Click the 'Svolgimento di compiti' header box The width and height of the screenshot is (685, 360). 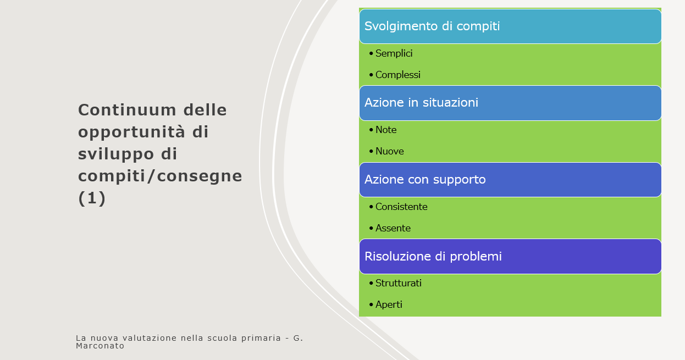pyautogui.click(x=510, y=26)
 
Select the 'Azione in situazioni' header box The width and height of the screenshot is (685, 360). pyautogui.click(x=510, y=103)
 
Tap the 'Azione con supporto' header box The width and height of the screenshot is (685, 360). pyautogui.click(x=510, y=180)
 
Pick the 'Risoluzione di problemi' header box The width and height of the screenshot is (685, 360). pyautogui.click(x=510, y=257)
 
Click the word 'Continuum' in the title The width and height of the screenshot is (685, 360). pyautogui.click(x=127, y=110)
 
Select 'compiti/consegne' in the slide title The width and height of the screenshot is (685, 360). pyautogui.click(x=160, y=176)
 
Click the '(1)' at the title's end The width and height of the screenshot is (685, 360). pyautogui.click(x=92, y=198)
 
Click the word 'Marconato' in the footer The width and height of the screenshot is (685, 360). pyautogui.click(x=100, y=346)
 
